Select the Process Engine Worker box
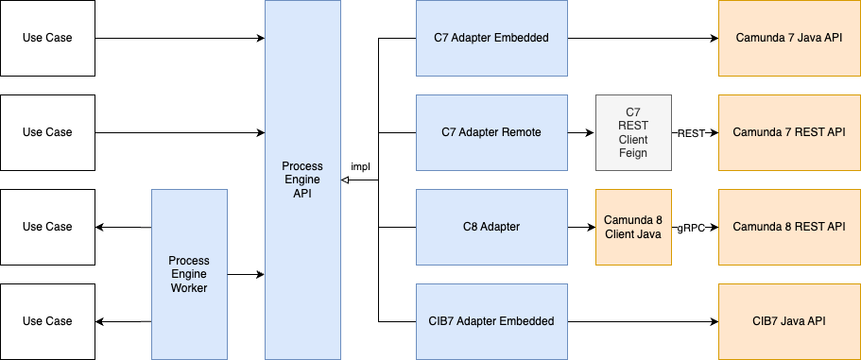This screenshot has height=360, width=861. click(x=189, y=274)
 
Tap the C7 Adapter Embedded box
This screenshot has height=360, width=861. click(x=491, y=38)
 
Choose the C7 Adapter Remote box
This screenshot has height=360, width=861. click(x=491, y=132)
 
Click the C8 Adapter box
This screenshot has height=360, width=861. click(x=491, y=227)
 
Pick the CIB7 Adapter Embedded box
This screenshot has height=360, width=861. click(x=491, y=321)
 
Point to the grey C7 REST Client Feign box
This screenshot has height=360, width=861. click(x=633, y=132)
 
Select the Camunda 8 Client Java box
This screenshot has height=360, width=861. click(x=633, y=227)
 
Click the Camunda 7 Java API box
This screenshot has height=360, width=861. click(x=789, y=38)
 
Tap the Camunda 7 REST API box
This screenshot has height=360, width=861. click(x=789, y=132)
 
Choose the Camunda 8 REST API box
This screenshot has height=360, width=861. click(x=789, y=227)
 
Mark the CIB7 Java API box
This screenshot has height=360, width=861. click(x=789, y=321)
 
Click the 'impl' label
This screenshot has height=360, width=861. click(x=360, y=167)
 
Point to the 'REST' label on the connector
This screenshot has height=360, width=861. click(x=691, y=133)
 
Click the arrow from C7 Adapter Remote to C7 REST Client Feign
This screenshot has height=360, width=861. click(x=581, y=132)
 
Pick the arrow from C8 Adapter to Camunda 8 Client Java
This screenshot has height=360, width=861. click(x=581, y=227)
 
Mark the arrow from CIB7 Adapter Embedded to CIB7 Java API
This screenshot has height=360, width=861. click(x=643, y=321)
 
